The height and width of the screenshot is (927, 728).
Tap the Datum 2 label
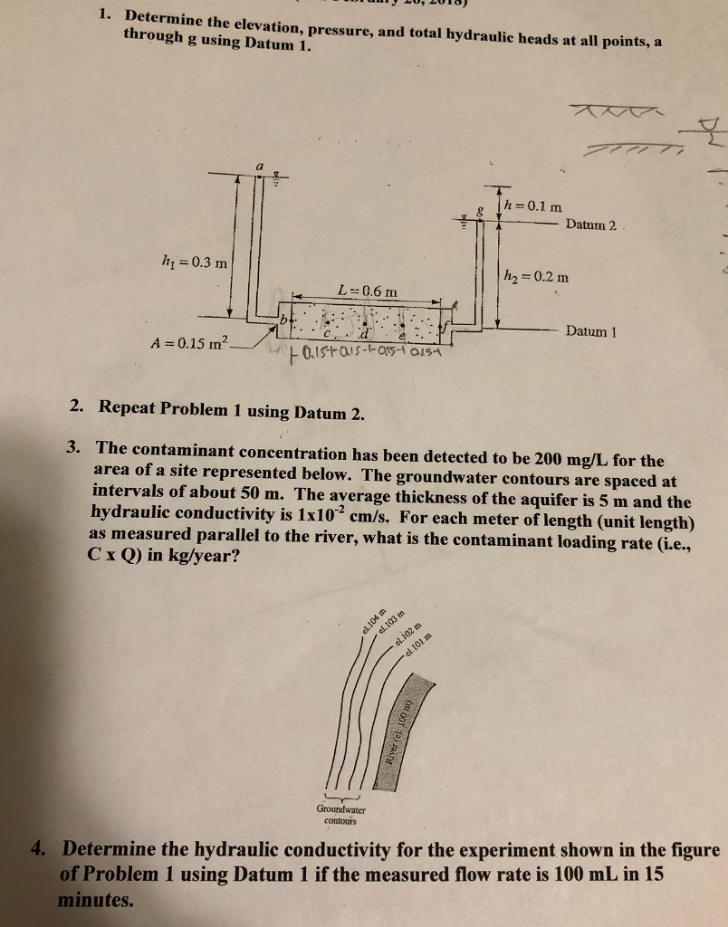coord(590,225)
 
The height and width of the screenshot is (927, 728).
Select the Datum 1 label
coord(590,331)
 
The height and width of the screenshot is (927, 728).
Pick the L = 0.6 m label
coord(366,290)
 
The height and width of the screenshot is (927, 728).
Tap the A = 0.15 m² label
coord(193,343)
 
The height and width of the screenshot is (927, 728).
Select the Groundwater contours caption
coord(340,814)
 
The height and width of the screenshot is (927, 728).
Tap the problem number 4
coord(37,850)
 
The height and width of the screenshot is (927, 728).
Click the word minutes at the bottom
coord(96,900)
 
